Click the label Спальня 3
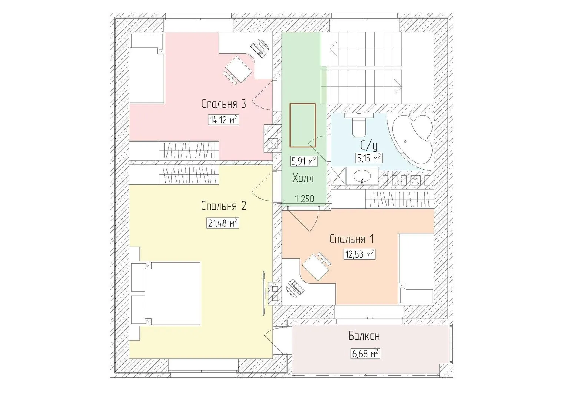pos(224,104)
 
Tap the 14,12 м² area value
pos(224,120)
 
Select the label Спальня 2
pos(224,206)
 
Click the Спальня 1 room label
pos(352,239)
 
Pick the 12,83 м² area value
pos(359,254)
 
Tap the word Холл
pos(303,178)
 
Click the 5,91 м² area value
pos(304,161)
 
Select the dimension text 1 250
pos(304,199)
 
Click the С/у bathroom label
pos(369,145)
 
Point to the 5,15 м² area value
pos(369,159)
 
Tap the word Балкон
pos(364,336)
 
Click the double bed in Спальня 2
pos(166,293)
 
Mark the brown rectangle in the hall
pos(303,125)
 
